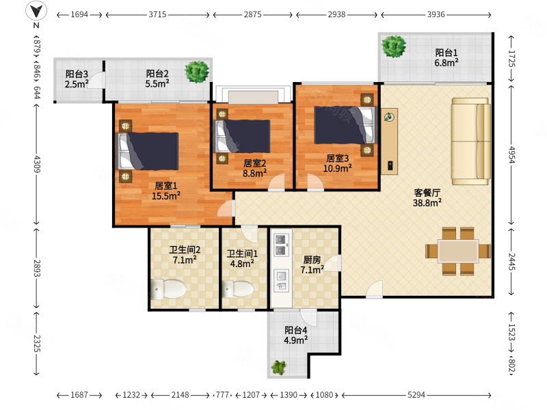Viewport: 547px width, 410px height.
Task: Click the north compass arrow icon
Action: pos(37,10)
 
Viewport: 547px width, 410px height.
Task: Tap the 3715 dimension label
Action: pos(157,14)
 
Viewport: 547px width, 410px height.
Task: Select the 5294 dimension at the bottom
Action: pos(416,395)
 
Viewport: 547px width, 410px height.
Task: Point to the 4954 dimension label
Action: pos(511,154)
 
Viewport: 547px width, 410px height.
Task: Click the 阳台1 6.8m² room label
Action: pos(446,58)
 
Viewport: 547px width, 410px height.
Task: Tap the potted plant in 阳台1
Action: pos(394,46)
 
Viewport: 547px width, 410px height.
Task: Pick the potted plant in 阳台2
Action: pos(197,72)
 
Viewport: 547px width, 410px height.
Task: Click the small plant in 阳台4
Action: pos(279,367)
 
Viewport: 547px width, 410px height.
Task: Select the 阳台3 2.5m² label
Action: pos(77,79)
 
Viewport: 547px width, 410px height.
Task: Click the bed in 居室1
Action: pos(147,151)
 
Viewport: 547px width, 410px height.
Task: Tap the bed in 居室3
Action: pos(346,125)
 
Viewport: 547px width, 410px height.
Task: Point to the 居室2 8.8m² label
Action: pos(254,168)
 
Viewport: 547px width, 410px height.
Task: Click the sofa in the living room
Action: pos(471,141)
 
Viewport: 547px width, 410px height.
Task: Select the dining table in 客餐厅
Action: pos(458,251)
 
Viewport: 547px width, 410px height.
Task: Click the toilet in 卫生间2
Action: pos(168,289)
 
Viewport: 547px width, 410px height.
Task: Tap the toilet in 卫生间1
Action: pos(238,289)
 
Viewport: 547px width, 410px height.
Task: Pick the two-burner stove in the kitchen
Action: pos(281,245)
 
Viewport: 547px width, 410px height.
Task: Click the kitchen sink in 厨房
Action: pos(281,281)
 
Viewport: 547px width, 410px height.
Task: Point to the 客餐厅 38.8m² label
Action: pos(427,197)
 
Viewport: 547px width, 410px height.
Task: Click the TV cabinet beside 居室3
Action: pos(389,141)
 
